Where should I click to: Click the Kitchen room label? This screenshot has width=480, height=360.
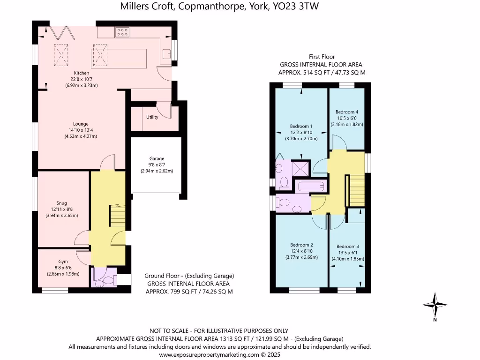pos(81,73)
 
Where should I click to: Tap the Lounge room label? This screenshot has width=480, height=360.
pos(81,124)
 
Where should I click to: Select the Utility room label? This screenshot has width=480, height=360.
pos(152,117)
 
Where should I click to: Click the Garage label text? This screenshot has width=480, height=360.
pos(157,159)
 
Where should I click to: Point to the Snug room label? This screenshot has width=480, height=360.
pos(61,203)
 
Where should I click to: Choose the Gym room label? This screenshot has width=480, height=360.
pos(63,262)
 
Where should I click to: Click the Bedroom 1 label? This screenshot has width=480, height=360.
pos(301,126)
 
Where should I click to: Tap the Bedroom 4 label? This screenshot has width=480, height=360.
pos(347,112)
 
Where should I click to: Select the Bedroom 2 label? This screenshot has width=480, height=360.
pos(301,245)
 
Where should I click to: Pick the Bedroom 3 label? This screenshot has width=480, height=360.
pos(348,247)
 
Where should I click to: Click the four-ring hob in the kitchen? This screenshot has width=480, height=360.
pos(122,32)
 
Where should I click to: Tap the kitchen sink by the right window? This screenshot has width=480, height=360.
pos(166,53)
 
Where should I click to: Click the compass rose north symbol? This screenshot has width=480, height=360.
pos(435,305)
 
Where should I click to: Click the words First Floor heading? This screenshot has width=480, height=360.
pos(321,57)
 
